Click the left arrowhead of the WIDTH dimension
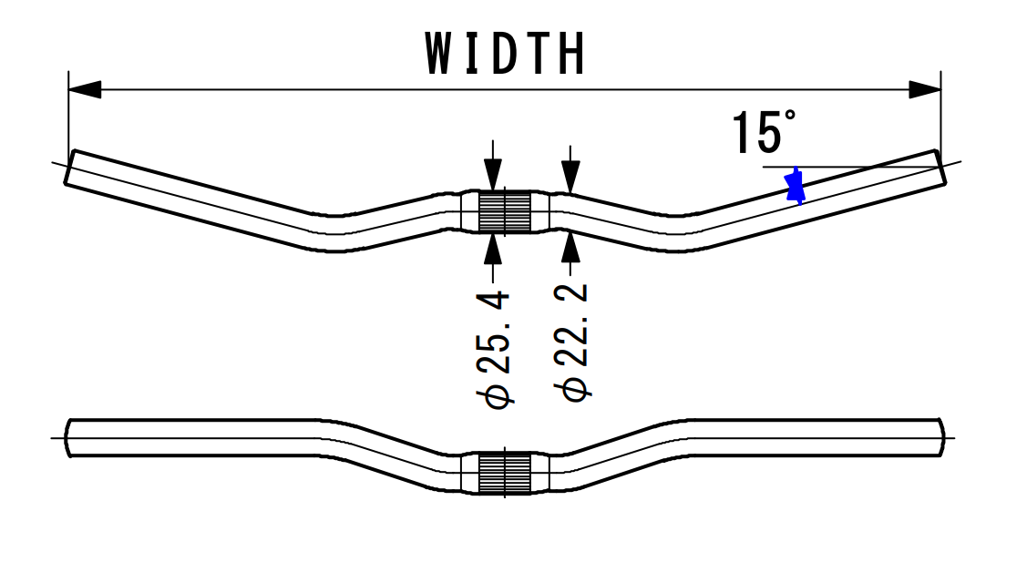click(x=85, y=89)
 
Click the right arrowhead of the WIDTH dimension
click(x=925, y=89)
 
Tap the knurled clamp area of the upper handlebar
click(x=505, y=212)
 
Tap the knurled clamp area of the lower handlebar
click(x=505, y=473)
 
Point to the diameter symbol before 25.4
click(x=498, y=394)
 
